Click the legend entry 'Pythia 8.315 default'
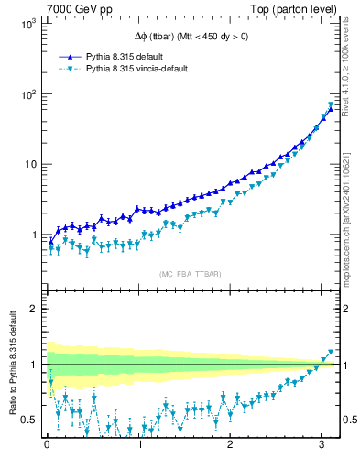(125, 56)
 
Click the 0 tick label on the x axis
(47, 447)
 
